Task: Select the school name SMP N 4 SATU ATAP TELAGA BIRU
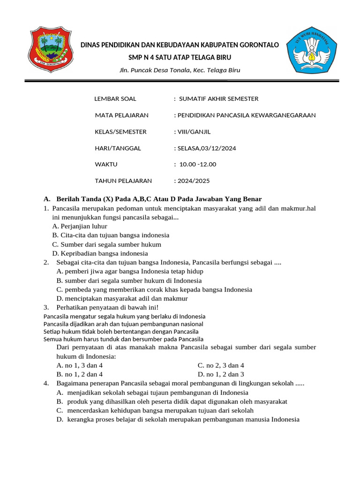[x=180, y=57]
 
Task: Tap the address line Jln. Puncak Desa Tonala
[x=180, y=70]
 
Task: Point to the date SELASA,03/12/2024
[x=205, y=148]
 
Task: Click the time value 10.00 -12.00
[x=196, y=165]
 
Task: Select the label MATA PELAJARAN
[x=121, y=115]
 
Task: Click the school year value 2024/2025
[x=192, y=181]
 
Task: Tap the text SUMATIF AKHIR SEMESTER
[x=218, y=99]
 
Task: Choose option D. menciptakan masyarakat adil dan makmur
[x=122, y=299]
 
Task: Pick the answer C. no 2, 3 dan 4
[x=221, y=365]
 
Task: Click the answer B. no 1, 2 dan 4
[x=79, y=374]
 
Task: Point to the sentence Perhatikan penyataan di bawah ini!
[x=107, y=307]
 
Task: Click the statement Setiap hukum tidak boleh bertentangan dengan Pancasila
[x=121, y=331]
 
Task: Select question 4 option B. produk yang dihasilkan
[x=172, y=402]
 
